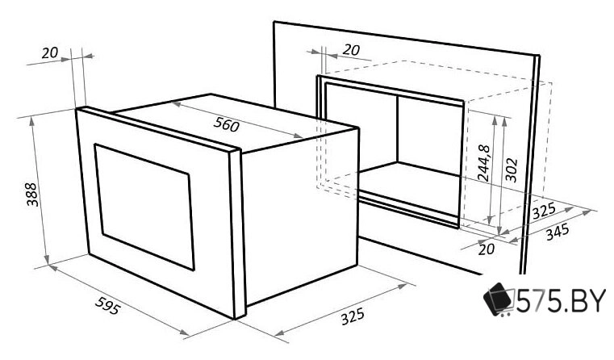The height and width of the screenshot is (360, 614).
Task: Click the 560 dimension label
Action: click(226, 124)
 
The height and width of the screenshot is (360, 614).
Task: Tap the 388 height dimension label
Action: click(31, 195)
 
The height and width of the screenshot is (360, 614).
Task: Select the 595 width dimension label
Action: click(107, 306)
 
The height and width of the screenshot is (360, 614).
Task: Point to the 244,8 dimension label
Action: click(483, 163)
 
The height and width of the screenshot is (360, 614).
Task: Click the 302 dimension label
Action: click(511, 170)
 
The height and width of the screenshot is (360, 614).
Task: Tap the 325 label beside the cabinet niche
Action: click(544, 211)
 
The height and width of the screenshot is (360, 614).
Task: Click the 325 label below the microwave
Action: click(353, 316)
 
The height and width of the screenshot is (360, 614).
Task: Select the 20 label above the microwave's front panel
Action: click(50, 53)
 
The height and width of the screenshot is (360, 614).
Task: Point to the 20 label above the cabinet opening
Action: click(351, 50)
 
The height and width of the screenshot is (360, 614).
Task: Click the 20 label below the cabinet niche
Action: click(487, 249)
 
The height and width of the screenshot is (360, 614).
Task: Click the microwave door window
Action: click(144, 207)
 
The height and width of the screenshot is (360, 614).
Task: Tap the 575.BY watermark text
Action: click(561, 301)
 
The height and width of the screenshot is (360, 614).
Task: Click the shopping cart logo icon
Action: click(499, 299)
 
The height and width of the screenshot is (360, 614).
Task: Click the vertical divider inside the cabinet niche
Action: click(398, 128)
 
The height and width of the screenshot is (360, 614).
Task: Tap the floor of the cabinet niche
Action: click(410, 183)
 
